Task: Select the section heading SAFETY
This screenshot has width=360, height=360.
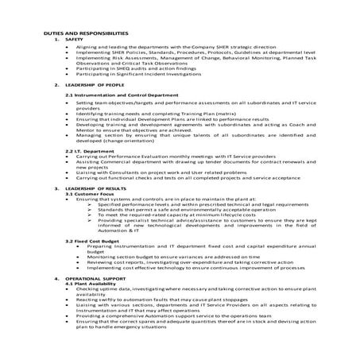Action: (x=75, y=39)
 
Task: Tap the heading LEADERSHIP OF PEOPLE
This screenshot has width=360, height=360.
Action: (x=91, y=83)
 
